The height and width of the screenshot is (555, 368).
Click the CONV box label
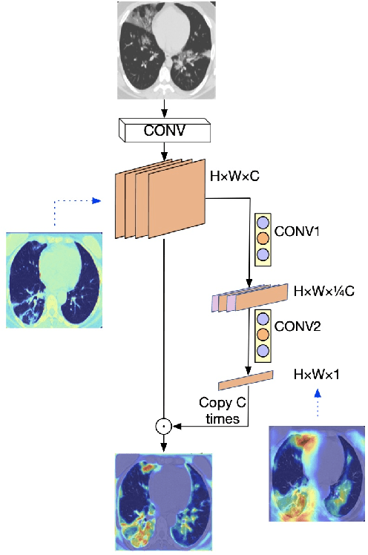click(165, 131)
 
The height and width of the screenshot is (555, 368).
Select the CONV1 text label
click(296, 231)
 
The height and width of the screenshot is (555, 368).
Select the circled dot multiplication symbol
click(162, 426)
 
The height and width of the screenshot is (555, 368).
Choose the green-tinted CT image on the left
click(53, 279)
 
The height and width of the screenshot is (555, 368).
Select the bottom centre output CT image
click(164, 502)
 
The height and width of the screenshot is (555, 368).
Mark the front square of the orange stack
click(180, 204)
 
